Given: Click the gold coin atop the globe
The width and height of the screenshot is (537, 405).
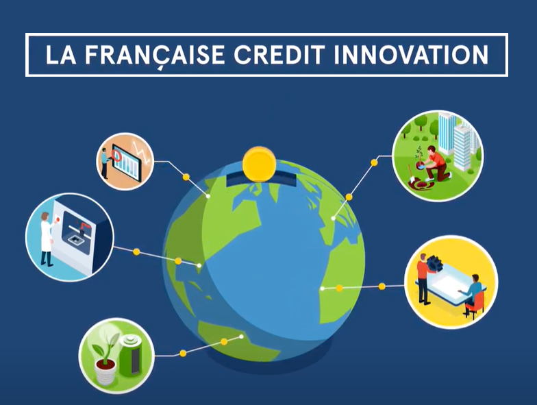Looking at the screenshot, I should click(x=260, y=164).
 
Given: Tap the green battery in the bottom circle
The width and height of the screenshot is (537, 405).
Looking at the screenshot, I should click(x=129, y=354).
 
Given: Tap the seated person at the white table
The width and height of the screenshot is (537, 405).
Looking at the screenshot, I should click(x=473, y=295).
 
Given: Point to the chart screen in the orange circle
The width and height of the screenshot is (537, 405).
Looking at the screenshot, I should click(x=125, y=162).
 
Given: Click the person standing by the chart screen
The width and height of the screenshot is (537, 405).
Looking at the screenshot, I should click(x=105, y=164).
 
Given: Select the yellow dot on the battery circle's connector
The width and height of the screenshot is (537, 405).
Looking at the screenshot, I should click(x=183, y=354).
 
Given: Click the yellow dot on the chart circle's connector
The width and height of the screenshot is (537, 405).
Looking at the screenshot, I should click(x=186, y=177).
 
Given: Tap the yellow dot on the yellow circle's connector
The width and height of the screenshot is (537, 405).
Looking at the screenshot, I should click(x=382, y=285).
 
